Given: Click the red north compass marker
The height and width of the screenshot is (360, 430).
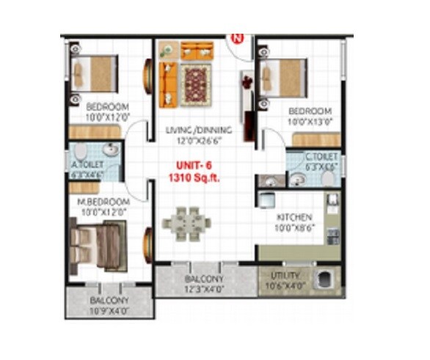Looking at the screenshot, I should [x=237, y=36].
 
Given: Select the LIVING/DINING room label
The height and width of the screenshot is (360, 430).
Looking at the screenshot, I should [x=198, y=131].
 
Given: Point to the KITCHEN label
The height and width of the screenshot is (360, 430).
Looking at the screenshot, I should [x=295, y=218].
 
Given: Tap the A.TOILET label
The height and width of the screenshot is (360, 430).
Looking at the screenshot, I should [x=86, y=155].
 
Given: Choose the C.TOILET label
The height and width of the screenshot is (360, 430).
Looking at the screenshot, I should [x=321, y=157].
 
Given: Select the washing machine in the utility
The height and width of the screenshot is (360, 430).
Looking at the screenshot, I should [x=321, y=281].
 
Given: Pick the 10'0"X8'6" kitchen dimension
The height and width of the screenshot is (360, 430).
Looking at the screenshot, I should [x=295, y=228].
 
